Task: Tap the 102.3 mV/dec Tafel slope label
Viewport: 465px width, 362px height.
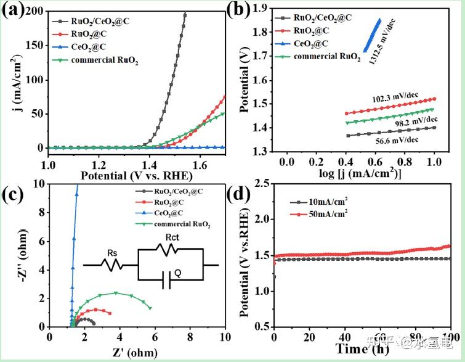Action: click(395, 97)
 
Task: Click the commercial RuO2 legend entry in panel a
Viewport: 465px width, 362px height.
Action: click(104, 60)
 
